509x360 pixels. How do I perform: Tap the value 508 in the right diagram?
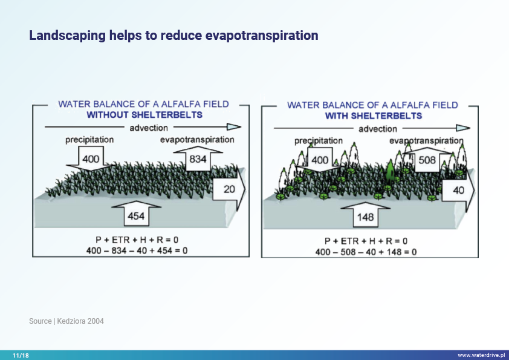(x=427, y=160)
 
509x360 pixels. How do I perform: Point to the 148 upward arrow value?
(x=366, y=217)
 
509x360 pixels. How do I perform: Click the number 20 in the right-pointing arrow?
(x=229, y=189)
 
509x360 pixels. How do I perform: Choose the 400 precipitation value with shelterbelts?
(x=320, y=160)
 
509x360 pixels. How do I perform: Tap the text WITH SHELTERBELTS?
(x=374, y=116)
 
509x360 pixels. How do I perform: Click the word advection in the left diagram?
(x=149, y=128)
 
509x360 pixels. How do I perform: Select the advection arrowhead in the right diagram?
(x=462, y=128)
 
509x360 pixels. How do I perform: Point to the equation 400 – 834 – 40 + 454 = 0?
(x=141, y=250)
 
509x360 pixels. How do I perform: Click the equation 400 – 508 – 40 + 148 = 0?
(x=366, y=251)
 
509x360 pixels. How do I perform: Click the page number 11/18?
(x=21, y=355)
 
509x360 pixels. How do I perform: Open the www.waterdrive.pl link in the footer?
(x=481, y=355)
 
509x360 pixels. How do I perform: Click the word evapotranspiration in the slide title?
(x=262, y=36)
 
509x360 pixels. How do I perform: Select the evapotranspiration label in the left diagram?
(x=197, y=140)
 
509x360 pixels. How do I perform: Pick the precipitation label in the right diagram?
(x=319, y=141)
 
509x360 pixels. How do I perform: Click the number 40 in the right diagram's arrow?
(x=458, y=190)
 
